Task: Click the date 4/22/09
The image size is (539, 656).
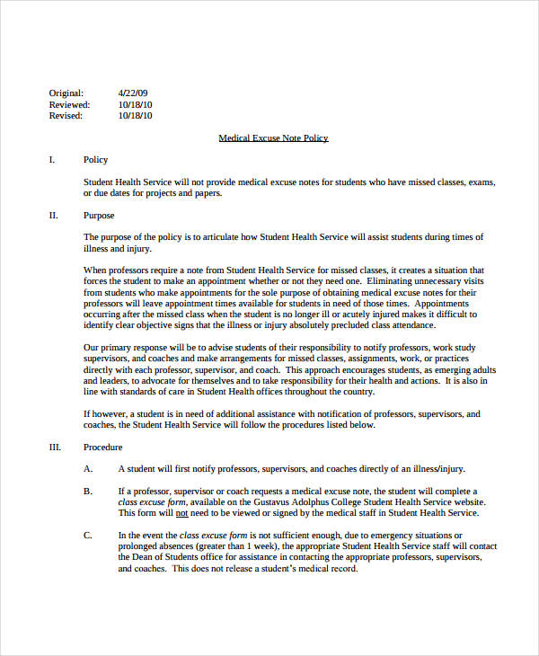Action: point(132,93)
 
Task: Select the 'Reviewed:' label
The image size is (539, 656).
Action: point(68,104)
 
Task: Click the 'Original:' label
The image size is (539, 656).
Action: point(66,93)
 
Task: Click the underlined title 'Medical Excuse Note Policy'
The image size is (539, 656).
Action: point(274,138)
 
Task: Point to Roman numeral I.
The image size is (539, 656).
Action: point(51,160)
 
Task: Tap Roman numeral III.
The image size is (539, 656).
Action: point(54,448)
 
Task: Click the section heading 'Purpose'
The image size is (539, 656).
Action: point(99,216)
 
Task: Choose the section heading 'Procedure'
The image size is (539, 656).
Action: point(103,448)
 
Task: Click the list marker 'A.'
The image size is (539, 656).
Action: point(88,469)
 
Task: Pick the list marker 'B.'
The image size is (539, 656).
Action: point(88,492)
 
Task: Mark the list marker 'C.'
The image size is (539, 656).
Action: point(88,536)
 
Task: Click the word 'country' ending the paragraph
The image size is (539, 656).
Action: point(353,391)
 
